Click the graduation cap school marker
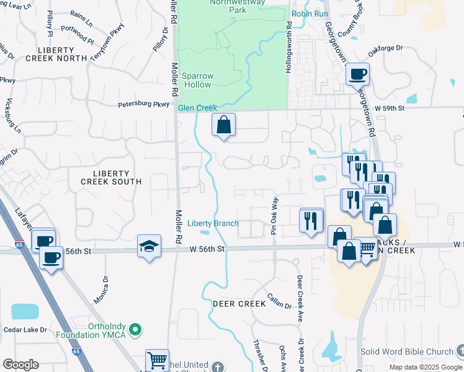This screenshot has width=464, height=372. (x=149, y=247)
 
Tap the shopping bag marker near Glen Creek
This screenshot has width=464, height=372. (x=223, y=125)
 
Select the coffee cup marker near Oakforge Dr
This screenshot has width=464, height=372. (x=357, y=75)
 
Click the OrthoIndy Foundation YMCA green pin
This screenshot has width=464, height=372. (x=139, y=329)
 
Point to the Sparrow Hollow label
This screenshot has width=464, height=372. (x=197, y=80)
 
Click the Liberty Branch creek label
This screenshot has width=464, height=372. (x=213, y=223)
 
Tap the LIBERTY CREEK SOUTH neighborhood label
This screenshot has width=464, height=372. (x=111, y=177)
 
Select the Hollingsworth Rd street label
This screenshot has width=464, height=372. (x=288, y=48)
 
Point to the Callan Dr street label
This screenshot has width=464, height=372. (x=279, y=301)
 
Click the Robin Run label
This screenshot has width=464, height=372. (x=310, y=12)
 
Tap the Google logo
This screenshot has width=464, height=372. (x=20, y=365)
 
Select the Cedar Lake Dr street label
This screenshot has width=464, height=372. (x=25, y=329)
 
